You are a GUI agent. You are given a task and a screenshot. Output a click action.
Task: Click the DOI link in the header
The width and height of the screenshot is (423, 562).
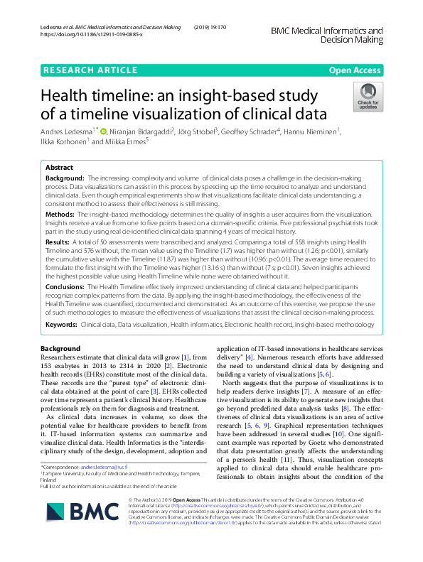[x=92, y=34]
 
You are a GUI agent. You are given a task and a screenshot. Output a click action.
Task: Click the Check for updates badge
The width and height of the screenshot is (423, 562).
[x=368, y=97]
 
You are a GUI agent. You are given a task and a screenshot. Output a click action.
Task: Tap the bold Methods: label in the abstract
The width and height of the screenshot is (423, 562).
[x=60, y=213]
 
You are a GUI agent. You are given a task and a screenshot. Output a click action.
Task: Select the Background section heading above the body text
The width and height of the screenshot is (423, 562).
[x=60, y=349]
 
